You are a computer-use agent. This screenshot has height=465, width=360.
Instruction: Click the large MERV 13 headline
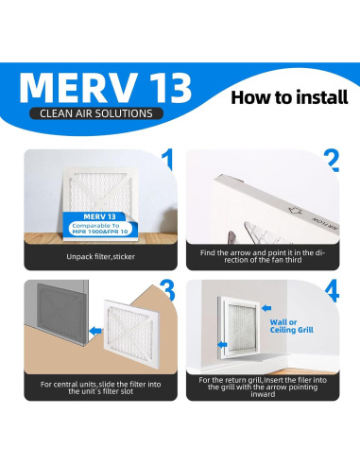pyautogui.click(x=105, y=88)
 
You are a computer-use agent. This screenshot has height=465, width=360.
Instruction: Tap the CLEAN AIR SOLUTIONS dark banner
pyautogui.click(x=96, y=113)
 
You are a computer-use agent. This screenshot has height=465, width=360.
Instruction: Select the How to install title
pyautogui.click(x=289, y=97)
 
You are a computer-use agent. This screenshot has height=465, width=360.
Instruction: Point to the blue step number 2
pyautogui.click(x=332, y=161)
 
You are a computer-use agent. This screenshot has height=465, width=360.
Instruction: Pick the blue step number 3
pyautogui.click(x=167, y=290)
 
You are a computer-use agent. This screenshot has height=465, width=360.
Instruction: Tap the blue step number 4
pyautogui.click(x=332, y=290)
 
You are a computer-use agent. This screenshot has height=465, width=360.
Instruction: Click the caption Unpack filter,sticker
pyautogui.click(x=100, y=257)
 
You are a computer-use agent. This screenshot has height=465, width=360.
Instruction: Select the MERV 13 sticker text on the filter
pyautogui.click(x=99, y=216)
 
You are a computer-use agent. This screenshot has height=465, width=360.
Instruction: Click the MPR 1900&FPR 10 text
pyautogui.click(x=100, y=232)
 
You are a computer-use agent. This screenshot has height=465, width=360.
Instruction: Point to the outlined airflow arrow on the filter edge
pyautogui.click(x=296, y=211)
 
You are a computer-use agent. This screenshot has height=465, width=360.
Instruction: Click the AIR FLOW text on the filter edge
pyautogui.click(x=325, y=223)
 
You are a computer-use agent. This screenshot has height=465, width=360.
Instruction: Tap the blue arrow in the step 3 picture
pyautogui.click(x=95, y=331)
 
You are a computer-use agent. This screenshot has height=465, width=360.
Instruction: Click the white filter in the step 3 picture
pyautogui.click(x=132, y=334)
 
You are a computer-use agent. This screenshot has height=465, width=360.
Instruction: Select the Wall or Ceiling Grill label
pyautogui.click(x=292, y=326)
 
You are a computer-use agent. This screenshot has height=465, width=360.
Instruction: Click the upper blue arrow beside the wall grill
pyautogui.click(x=266, y=308)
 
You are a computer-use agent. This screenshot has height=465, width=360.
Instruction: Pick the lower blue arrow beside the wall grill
pyautogui.click(x=222, y=345)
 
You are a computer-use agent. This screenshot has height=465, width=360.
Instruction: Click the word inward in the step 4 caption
pyautogui.click(x=263, y=394)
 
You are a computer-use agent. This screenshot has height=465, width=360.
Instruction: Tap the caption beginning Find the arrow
pyautogui.click(x=263, y=256)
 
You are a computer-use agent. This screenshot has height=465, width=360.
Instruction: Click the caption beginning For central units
pyautogui.click(x=100, y=387)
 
